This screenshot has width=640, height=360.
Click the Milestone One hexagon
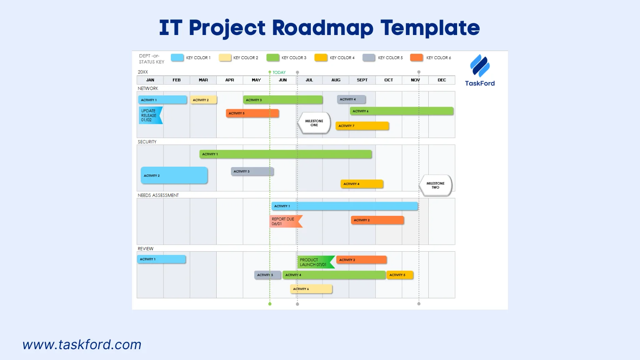(x=314, y=123)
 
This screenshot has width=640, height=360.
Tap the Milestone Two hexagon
(x=435, y=185)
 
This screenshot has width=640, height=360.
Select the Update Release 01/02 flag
(x=150, y=115)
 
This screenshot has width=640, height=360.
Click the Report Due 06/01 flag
(x=285, y=221)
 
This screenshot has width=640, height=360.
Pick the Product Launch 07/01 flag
(x=315, y=262)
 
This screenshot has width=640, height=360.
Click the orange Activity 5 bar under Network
(x=252, y=113)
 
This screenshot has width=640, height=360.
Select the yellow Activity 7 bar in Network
(x=362, y=126)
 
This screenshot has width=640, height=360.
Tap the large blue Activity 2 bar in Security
(x=174, y=175)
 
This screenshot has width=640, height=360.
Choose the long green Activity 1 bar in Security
(x=285, y=154)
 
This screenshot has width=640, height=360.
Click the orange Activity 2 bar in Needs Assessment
(x=377, y=220)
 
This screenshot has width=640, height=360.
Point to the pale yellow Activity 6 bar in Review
(x=311, y=289)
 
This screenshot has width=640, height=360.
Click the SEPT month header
(x=362, y=80)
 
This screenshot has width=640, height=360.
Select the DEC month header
(x=442, y=80)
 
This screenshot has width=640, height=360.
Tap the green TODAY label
(x=279, y=72)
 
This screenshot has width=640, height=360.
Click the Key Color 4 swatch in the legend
(x=321, y=58)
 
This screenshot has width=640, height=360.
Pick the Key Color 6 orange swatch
(x=416, y=58)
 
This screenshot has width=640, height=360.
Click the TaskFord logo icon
(x=480, y=66)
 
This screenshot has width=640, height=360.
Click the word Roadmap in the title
(x=322, y=28)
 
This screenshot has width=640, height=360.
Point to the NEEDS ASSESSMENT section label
(x=158, y=195)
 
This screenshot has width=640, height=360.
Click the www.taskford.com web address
(x=82, y=345)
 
